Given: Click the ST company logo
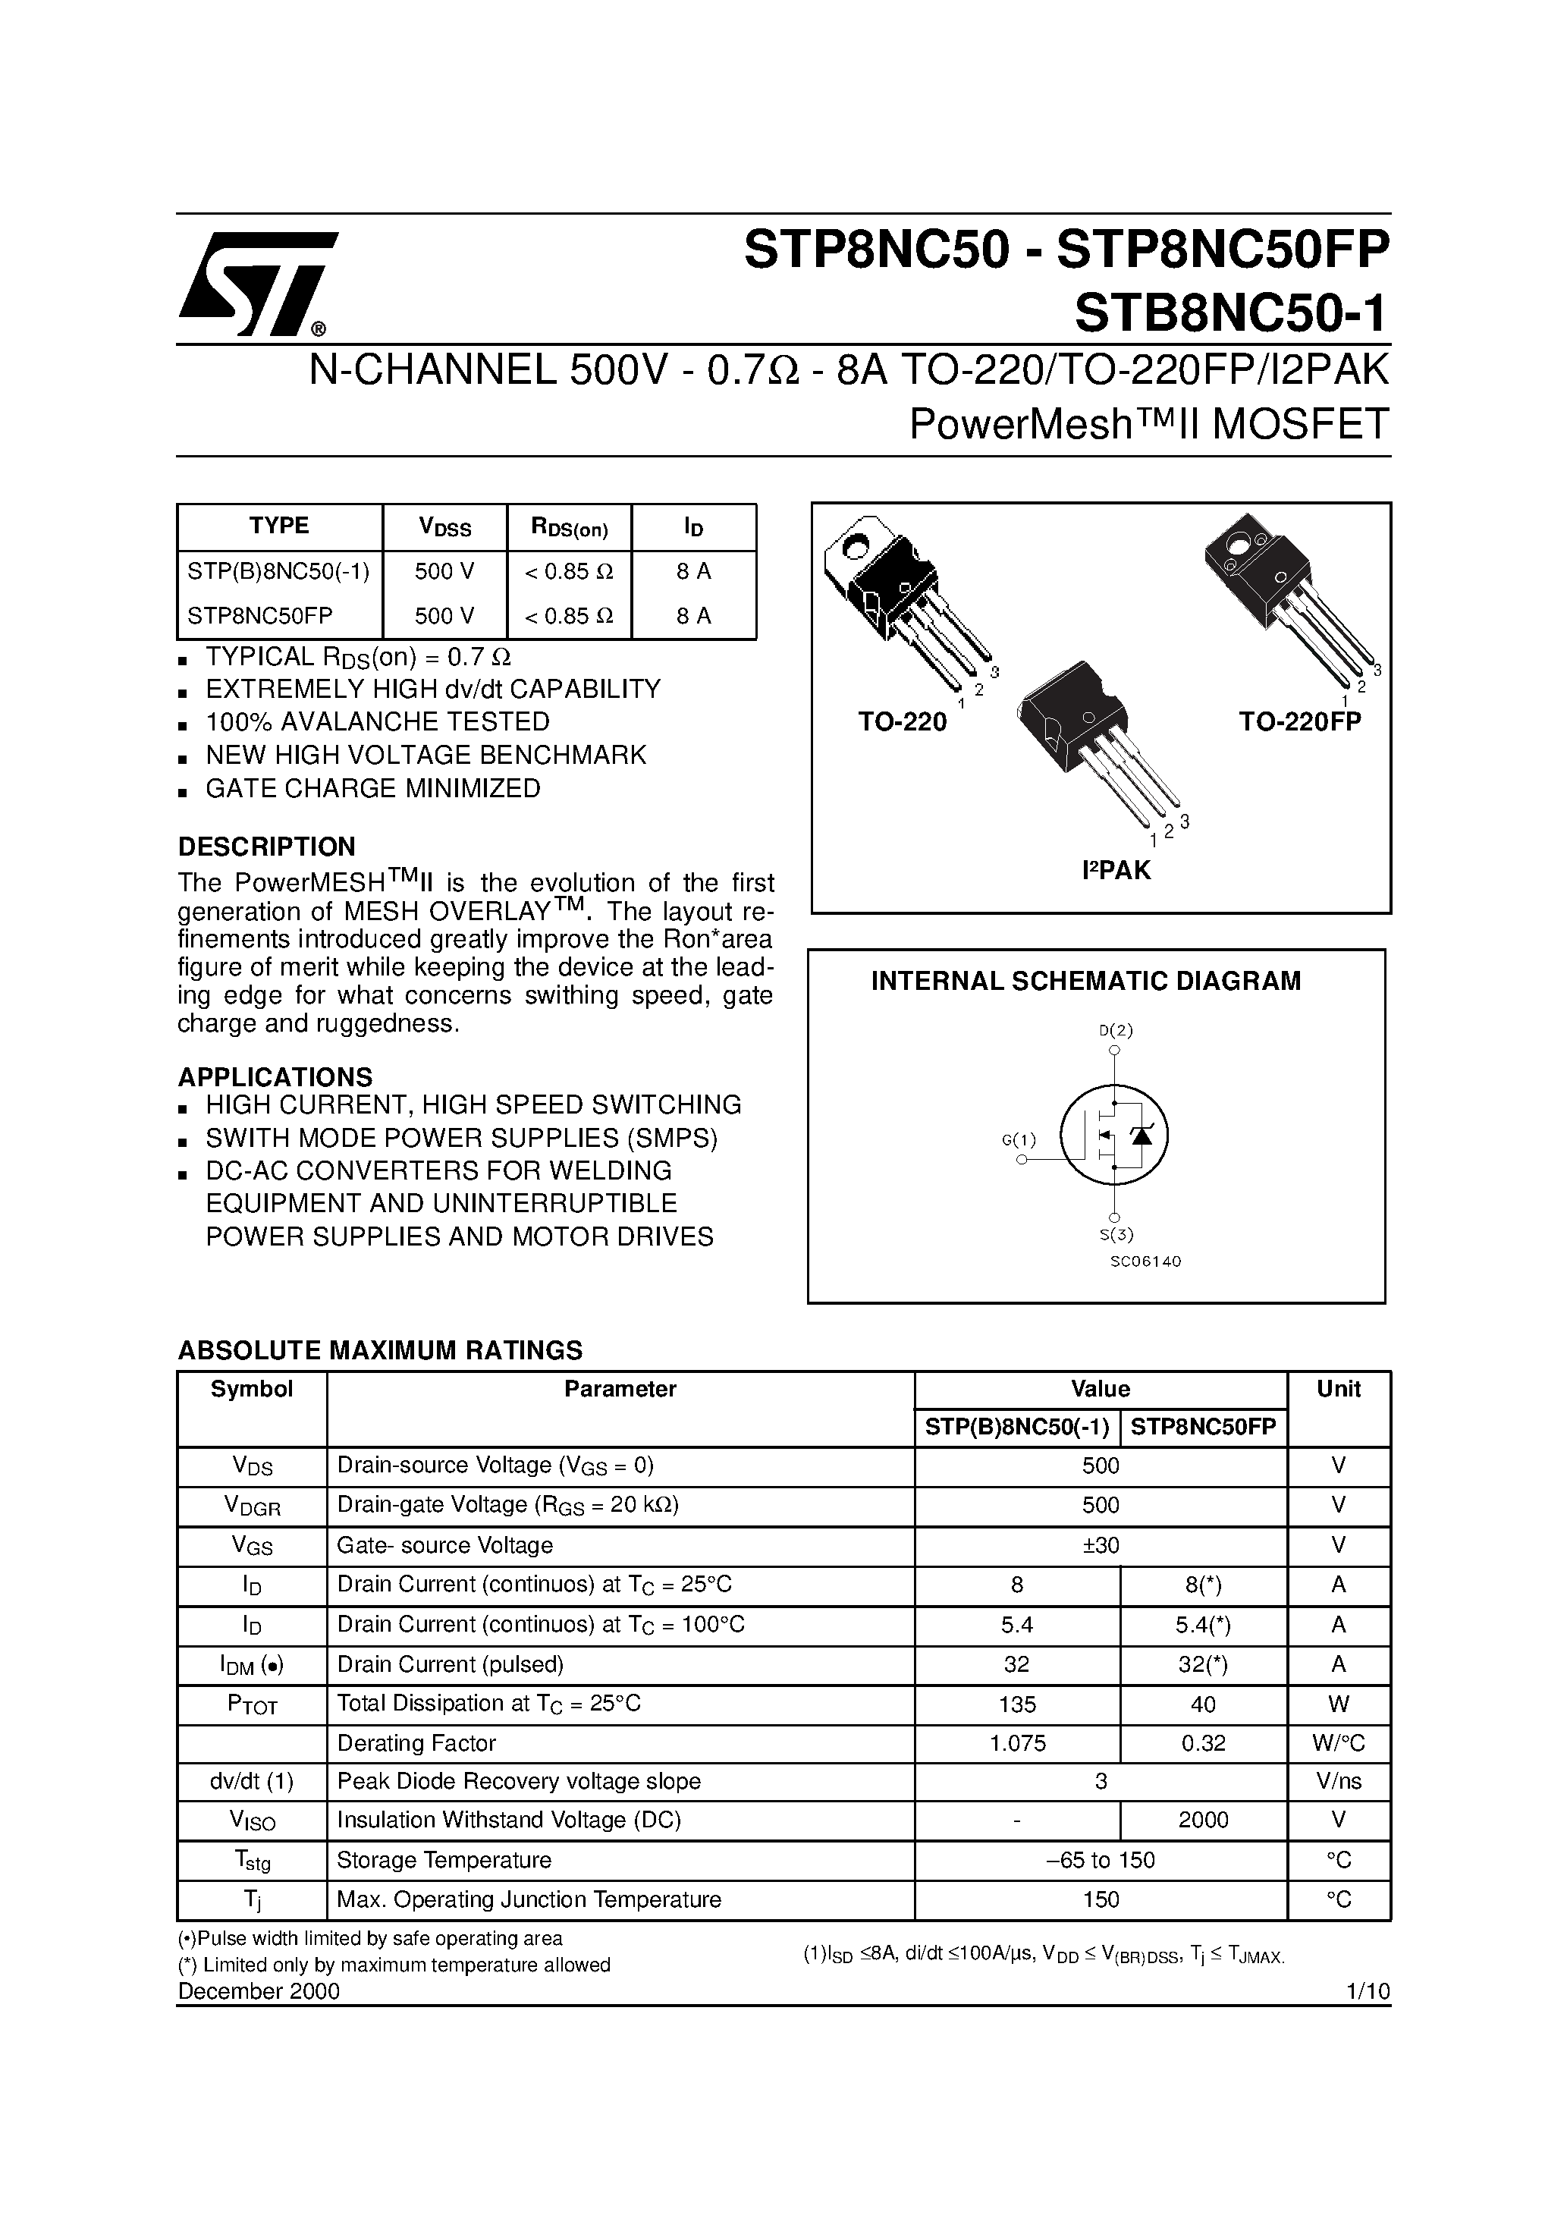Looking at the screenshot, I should coord(256,284).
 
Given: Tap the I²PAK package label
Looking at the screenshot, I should coord(1116,870).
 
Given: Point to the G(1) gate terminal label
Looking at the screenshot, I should coord(1019,1140).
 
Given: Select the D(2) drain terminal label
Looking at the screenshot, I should coord(1116,1030).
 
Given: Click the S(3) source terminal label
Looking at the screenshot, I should coord(1116,1233).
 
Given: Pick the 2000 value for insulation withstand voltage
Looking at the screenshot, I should coord(1203,1820).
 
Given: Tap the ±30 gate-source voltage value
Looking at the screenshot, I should coord(1101,1544).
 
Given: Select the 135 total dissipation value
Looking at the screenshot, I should coord(1016,1704).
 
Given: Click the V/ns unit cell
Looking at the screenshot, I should coord(1338,1780).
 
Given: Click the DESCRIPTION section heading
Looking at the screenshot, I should coord(267,847).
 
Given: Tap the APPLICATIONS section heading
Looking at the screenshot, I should coord(275,1077).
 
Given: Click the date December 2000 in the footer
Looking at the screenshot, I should coord(259,1991).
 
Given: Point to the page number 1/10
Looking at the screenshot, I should coord(1367,1991).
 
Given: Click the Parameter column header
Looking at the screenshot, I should coord(620,1389).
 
